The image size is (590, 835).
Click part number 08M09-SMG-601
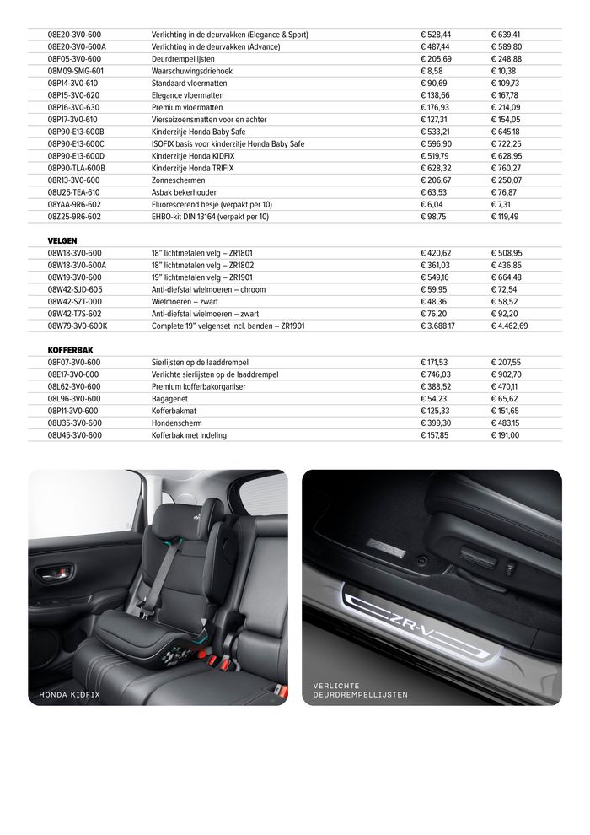click(x=75, y=72)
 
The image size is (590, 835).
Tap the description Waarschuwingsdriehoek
click(x=192, y=72)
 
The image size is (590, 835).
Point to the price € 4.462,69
click(x=510, y=326)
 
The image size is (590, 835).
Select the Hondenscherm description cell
click(x=177, y=423)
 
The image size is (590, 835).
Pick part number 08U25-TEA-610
click(x=74, y=192)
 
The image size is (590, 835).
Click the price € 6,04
click(x=432, y=204)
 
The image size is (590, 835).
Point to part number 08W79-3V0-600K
click(x=78, y=326)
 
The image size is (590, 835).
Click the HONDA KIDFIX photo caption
click(x=70, y=694)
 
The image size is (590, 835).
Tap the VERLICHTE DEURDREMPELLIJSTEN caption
click(x=360, y=690)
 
